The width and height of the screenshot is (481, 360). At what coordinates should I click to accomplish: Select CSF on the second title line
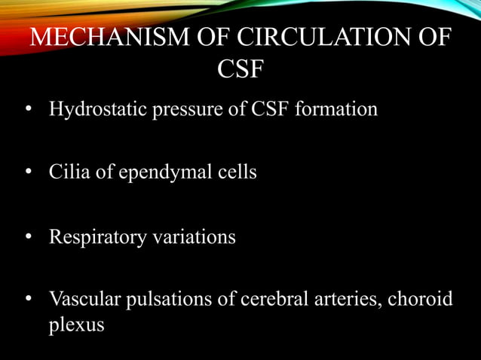tap(240, 69)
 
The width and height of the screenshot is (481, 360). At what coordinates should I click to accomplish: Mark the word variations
tap(194, 237)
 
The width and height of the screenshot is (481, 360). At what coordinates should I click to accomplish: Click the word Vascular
tap(81, 300)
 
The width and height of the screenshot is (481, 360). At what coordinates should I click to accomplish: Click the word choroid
tap(422, 300)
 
